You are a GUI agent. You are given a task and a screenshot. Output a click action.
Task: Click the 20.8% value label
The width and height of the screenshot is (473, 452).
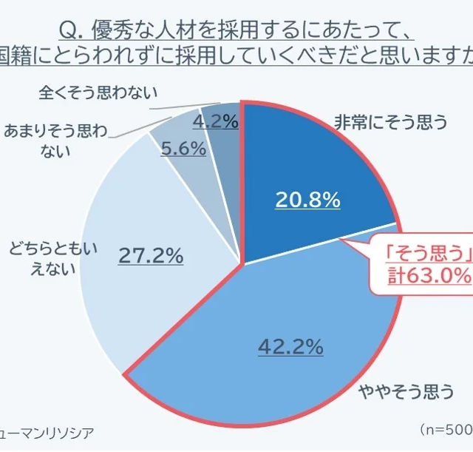tap(307, 199)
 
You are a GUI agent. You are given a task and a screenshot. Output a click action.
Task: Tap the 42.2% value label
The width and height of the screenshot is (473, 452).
tap(291, 345)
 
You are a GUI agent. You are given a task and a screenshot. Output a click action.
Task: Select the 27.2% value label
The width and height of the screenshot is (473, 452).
tap(151, 256)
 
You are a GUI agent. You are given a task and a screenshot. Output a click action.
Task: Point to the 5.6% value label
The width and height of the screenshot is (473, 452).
tap(183, 148)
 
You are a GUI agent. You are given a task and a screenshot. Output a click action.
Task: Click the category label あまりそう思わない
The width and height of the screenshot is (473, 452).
tap(55, 141)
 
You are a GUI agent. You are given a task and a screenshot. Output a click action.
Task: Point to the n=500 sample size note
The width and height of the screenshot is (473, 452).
tap(447, 429)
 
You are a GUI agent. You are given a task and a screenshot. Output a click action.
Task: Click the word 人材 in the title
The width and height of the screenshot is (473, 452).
tap(164, 30)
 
